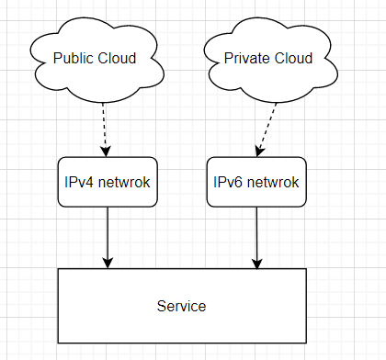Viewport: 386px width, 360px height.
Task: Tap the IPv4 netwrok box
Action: [108, 182]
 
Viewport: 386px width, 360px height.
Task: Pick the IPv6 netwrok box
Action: [256, 182]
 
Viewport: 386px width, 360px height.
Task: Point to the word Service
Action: [181, 306]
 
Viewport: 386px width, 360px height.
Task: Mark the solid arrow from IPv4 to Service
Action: [108, 234]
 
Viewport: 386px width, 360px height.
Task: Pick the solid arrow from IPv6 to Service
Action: [256, 234]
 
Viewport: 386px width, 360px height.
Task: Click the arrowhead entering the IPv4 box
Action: [106, 152]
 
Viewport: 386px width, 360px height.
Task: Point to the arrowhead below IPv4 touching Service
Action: [108, 262]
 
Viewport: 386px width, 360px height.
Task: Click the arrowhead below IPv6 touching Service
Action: [256, 262]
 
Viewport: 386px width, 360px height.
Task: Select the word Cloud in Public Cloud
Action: [118, 59]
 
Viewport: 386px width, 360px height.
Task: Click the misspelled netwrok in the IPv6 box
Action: [274, 182]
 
